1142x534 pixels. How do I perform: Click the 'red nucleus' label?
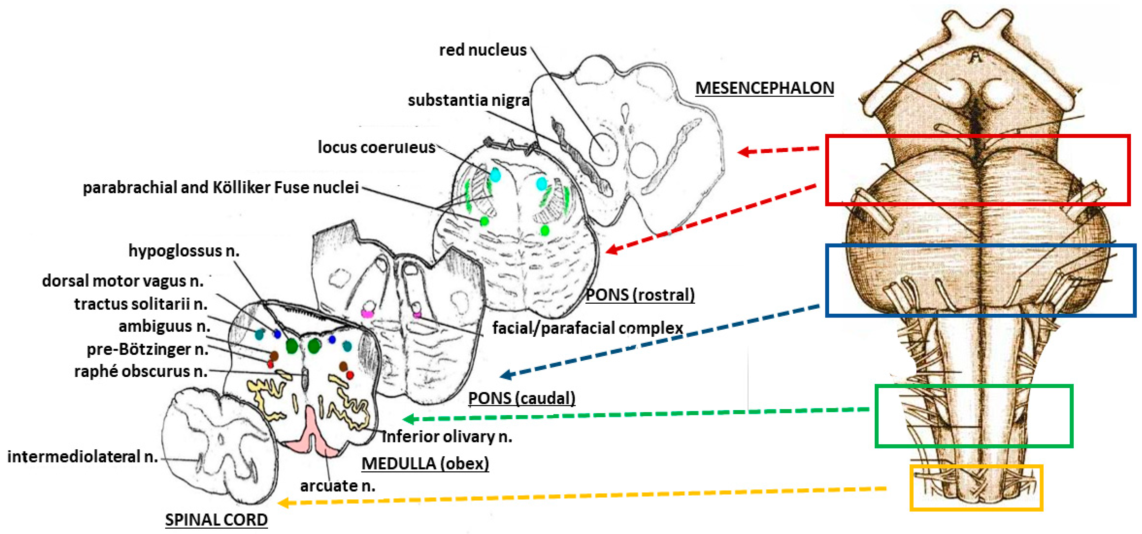pyautogui.click(x=482, y=50)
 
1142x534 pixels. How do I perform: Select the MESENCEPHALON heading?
pyautogui.click(x=764, y=88)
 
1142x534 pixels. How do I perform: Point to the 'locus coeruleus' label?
pyautogui.click(x=376, y=147)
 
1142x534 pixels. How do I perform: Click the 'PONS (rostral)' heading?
pyautogui.click(x=640, y=295)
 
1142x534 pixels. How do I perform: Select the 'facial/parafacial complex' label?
pyautogui.click(x=588, y=328)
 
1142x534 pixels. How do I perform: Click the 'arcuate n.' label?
pyautogui.click(x=337, y=486)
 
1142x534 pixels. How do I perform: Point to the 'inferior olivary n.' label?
pyautogui.click(x=447, y=436)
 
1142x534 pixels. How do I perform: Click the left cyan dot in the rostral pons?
pyautogui.click(x=495, y=175)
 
